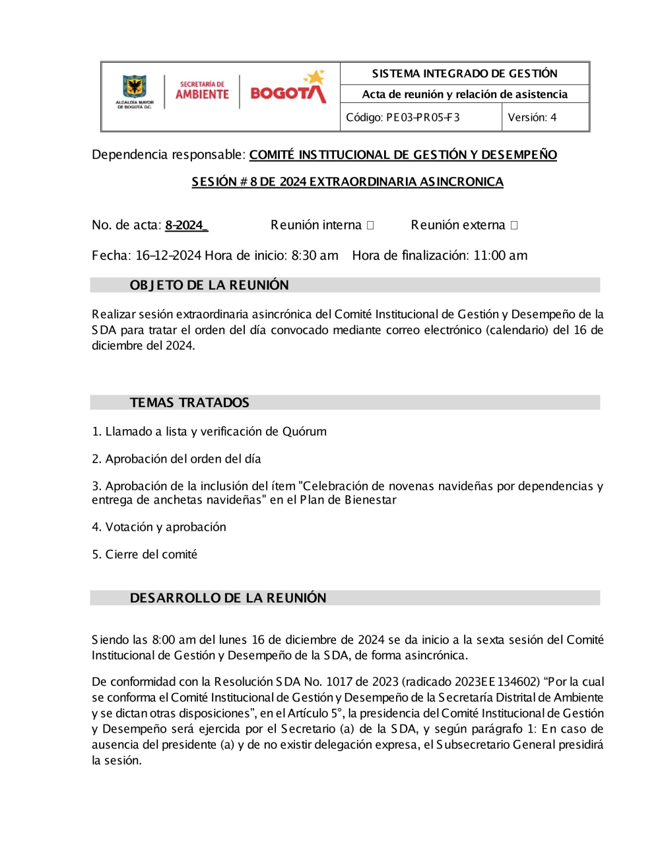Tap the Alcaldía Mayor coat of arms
point(135,88)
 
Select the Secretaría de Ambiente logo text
point(202,90)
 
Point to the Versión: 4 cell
point(532,117)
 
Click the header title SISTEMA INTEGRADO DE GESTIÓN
point(465,73)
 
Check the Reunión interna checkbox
point(370,226)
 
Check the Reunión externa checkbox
point(514,226)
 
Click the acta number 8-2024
point(185,225)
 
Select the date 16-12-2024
point(168,255)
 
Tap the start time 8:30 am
point(315,255)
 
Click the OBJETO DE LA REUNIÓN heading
point(209,285)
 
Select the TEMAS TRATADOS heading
point(189,403)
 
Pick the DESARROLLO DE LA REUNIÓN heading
point(228,598)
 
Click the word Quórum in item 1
point(304,432)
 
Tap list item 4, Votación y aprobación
point(159,527)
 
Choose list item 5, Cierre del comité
point(145,554)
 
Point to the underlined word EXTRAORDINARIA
point(362,181)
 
